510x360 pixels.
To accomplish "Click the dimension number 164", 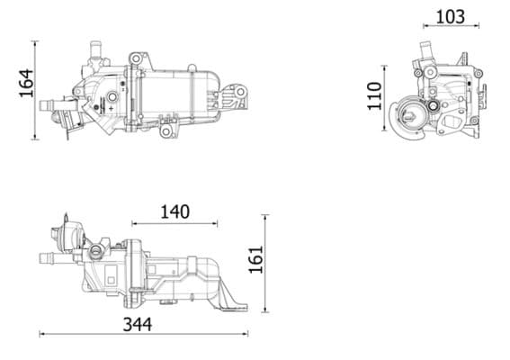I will [24, 85].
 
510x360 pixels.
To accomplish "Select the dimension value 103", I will [450, 16].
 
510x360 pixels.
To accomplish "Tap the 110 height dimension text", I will [376, 94].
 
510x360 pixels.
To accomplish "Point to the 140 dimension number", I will [174, 212].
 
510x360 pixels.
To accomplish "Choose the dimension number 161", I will [255, 259].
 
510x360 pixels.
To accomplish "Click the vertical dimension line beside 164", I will [36, 89].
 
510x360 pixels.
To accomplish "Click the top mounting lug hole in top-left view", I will [135, 59].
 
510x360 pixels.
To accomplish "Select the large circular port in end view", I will [414, 114].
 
